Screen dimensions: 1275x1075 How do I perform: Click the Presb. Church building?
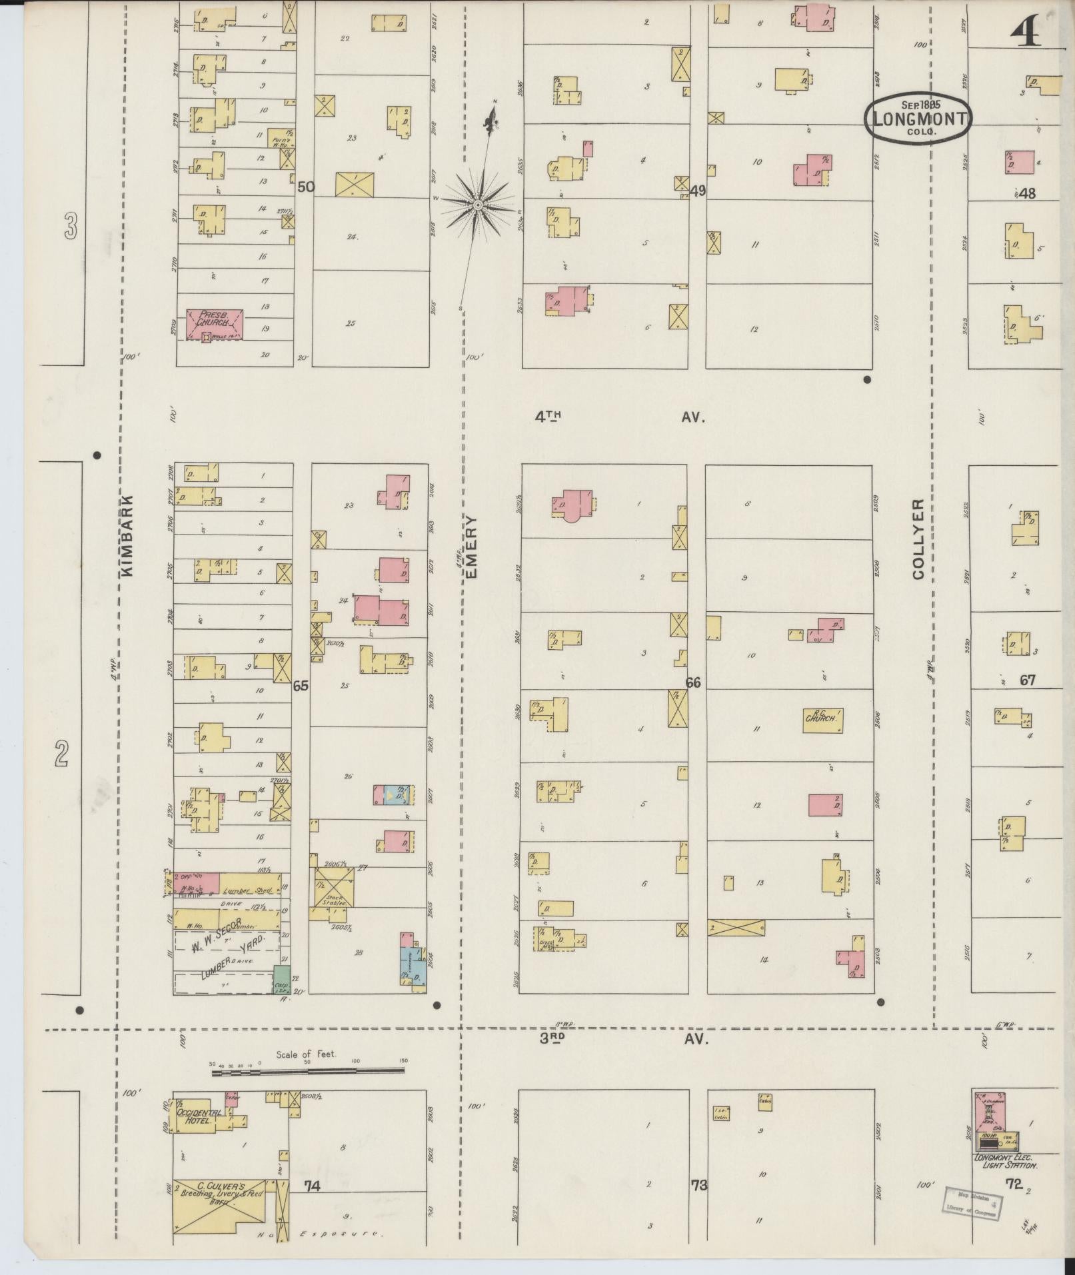click(x=214, y=325)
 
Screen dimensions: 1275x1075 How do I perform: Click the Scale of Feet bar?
click(x=308, y=1072)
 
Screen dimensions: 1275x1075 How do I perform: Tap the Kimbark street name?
click(x=129, y=535)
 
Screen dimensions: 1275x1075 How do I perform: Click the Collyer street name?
click(x=919, y=540)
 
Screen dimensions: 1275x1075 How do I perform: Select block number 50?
click(x=305, y=187)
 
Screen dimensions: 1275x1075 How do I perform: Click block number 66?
click(x=693, y=682)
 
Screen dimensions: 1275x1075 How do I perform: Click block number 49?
click(x=698, y=191)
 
